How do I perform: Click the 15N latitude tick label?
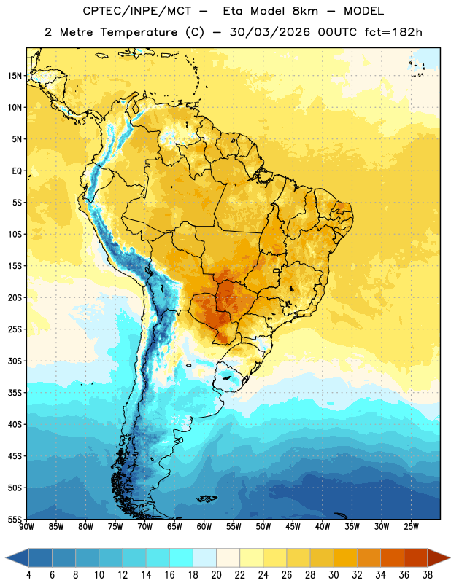click(15, 76)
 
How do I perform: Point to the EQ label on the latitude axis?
click(17, 171)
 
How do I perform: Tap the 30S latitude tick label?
click(15, 361)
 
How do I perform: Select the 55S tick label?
click(15, 519)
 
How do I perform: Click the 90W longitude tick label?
click(27, 526)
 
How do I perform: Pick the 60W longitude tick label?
click(204, 526)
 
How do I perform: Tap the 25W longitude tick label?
click(411, 526)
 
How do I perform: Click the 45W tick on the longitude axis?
click(293, 526)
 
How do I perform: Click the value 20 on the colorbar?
click(216, 575)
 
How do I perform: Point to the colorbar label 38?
click(428, 575)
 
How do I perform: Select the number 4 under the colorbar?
click(28, 575)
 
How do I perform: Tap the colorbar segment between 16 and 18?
click(182, 557)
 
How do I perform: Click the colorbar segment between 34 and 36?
click(393, 557)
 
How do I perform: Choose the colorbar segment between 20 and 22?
click(228, 557)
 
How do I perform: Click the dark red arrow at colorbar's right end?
click(438, 557)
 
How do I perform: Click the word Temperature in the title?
click(139, 32)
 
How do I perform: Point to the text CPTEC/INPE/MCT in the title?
click(136, 11)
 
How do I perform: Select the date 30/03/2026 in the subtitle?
click(269, 32)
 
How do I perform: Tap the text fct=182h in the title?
click(393, 32)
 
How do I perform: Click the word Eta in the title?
click(233, 11)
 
